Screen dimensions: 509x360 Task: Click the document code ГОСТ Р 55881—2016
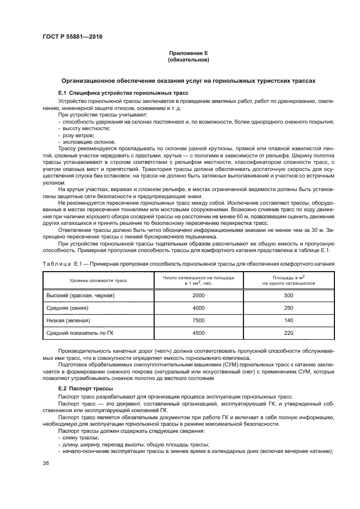pyautogui.click(x=72, y=36)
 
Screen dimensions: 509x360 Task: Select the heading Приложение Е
pyautogui.click(x=188, y=54)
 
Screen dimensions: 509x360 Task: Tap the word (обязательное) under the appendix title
pyautogui.click(x=188, y=60)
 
